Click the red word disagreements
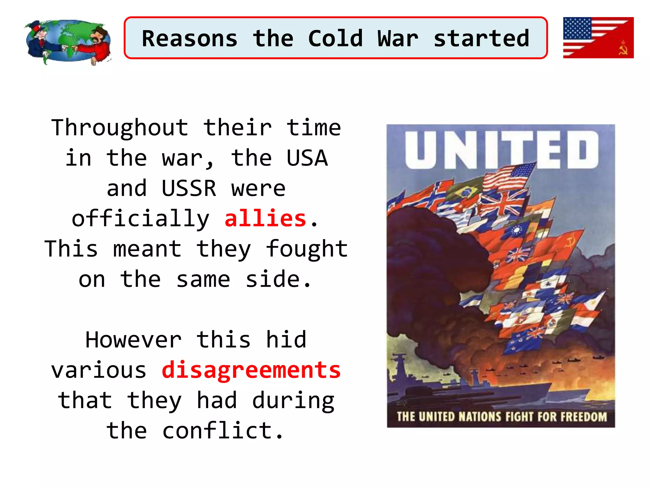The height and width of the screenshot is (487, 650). [251, 370]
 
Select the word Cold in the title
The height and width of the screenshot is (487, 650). [335, 38]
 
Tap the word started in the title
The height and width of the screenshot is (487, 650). [481, 38]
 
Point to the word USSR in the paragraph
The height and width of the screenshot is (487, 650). [189, 188]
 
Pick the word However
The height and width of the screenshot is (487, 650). [134, 340]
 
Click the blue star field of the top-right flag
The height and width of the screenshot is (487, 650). [577, 28]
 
